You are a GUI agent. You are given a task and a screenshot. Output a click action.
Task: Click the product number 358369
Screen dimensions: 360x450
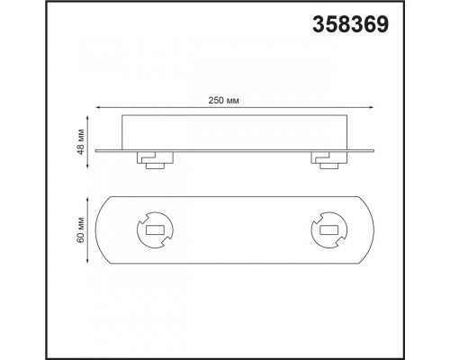point(350,23)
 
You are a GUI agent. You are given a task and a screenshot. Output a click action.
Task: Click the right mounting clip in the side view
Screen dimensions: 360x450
point(325,159)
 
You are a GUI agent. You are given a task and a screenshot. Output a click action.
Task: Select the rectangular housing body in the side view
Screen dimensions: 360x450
point(236,131)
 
